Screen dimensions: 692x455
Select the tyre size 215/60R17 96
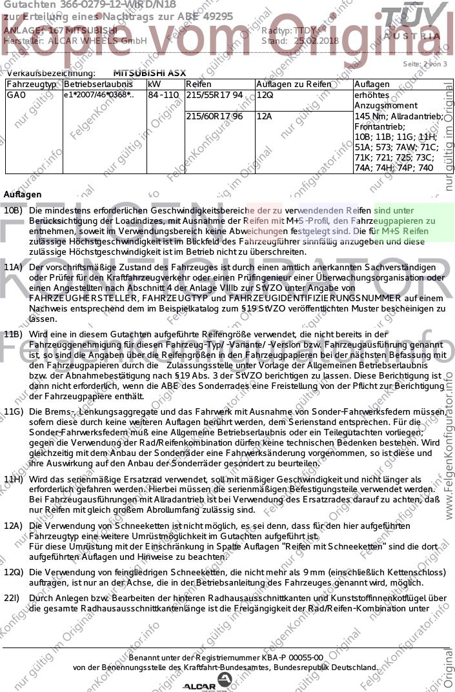(214, 117)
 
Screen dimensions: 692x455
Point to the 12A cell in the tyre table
(265, 117)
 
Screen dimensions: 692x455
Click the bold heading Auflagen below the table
(23, 194)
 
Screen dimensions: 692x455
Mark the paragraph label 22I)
(13, 599)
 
